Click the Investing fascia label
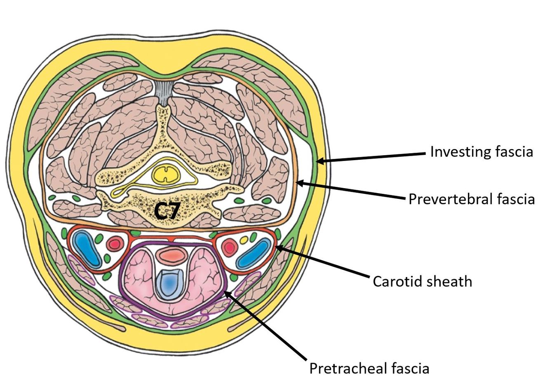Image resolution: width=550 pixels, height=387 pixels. coord(481,152)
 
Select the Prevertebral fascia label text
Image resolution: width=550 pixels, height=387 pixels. coord(471,199)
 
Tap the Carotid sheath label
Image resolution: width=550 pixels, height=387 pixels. coord(422,282)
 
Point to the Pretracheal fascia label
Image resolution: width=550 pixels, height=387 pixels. coord(369,368)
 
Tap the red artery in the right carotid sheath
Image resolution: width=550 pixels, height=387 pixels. coord(229,247)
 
